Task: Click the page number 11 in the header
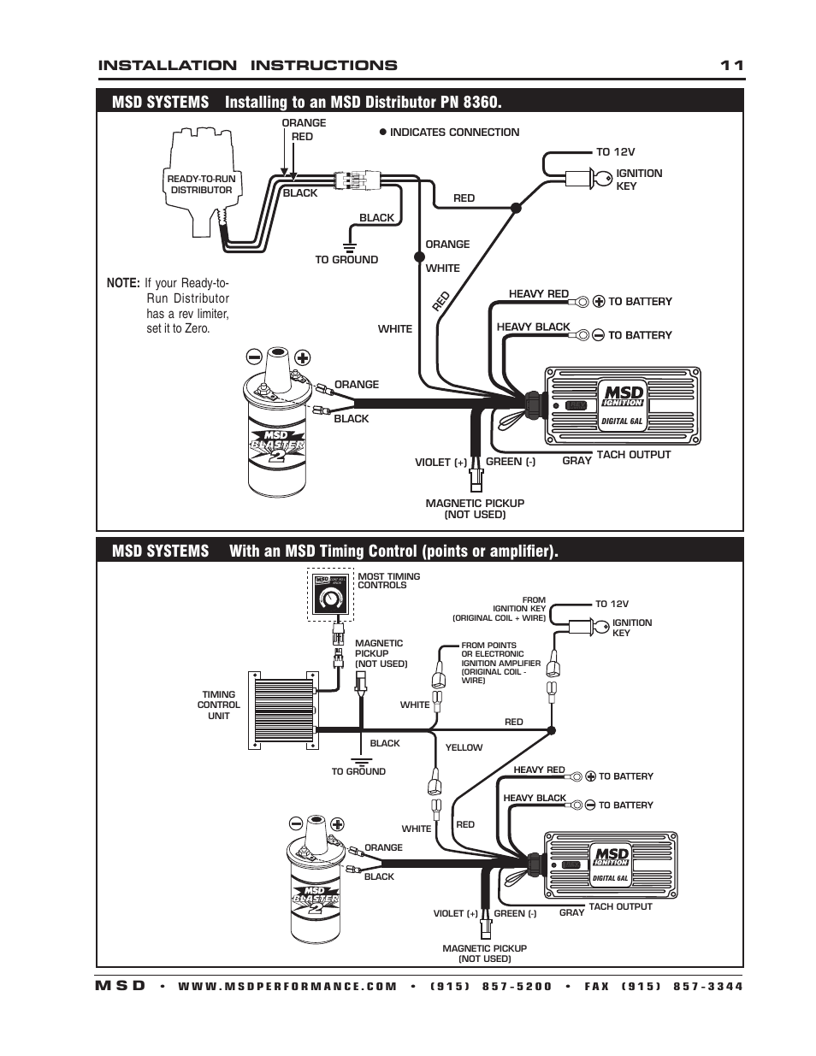tap(731, 65)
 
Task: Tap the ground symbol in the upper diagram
tap(348, 233)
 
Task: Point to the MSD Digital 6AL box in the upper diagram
tap(623, 405)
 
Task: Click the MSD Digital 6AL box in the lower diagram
tap(611, 865)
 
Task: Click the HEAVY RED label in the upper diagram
tap(539, 294)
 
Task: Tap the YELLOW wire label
tap(464, 747)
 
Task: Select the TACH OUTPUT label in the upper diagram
tap(633, 455)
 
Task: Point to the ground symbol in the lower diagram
tap(360, 758)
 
